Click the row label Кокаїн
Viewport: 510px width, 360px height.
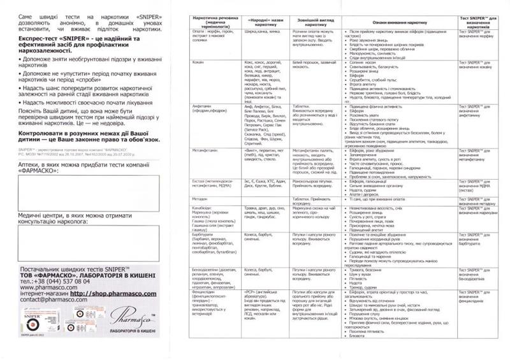click(199, 64)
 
